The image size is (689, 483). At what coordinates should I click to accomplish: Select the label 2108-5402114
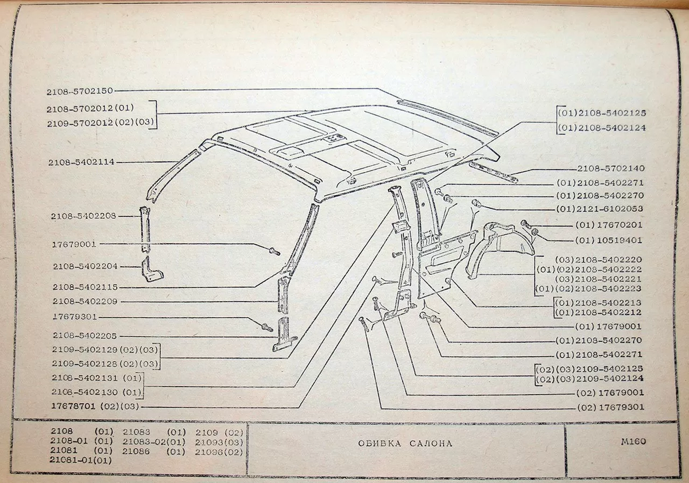coord(81,162)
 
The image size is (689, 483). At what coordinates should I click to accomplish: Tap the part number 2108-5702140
coord(611,169)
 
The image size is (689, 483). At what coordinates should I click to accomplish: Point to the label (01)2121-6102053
coord(599,209)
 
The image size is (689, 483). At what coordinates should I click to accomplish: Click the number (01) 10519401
coord(608,240)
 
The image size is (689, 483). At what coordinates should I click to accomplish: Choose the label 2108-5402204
coord(85,266)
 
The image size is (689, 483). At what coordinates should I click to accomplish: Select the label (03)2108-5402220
coord(600,259)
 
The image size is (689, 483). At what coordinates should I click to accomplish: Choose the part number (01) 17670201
coord(608,225)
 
